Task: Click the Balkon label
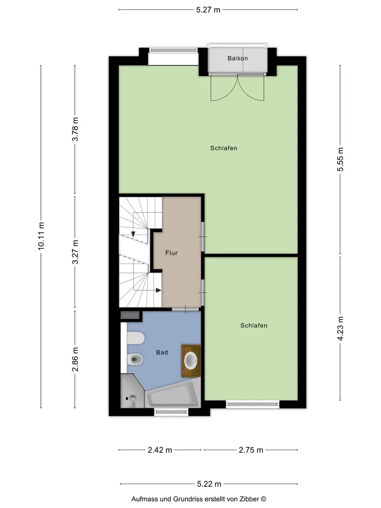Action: click(238, 58)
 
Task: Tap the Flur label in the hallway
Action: click(171, 253)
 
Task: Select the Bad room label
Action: click(162, 352)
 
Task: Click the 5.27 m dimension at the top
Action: click(208, 10)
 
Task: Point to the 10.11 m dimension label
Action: click(41, 236)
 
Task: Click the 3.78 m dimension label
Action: click(75, 129)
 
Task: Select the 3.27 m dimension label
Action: click(75, 252)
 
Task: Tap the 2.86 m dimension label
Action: click(75, 359)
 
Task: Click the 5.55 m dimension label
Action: click(340, 159)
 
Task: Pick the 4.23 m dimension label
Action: click(340, 328)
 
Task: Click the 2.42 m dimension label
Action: click(160, 450)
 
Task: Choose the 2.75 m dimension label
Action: click(251, 450)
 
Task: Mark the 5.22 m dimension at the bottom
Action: click(209, 484)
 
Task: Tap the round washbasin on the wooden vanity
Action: click(191, 360)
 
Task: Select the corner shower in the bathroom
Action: click(133, 391)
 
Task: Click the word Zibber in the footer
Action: click(249, 499)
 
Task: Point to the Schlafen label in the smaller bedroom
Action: click(254, 325)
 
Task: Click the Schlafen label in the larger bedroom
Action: click(224, 148)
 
